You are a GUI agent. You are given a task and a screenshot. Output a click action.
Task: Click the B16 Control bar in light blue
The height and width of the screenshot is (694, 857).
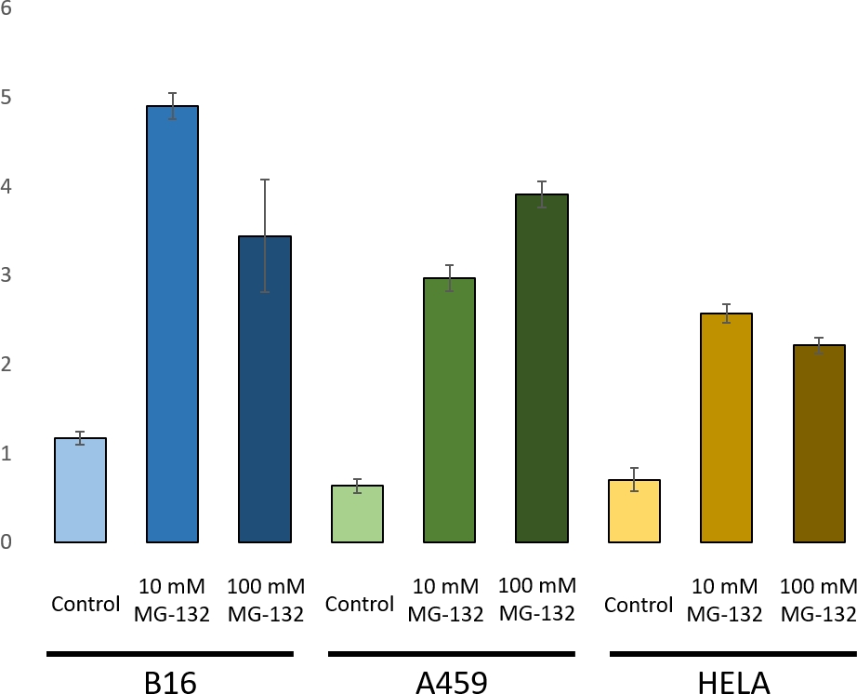[81, 490]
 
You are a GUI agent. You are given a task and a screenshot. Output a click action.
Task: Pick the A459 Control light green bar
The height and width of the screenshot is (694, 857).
[358, 514]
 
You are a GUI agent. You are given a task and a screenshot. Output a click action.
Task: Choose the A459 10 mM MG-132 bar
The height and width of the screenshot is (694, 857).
[450, 409]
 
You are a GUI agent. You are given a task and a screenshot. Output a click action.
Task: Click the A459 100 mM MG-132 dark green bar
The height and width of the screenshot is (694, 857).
[542, 367]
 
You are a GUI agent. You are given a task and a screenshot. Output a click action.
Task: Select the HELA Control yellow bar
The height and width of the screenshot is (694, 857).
[634, 511]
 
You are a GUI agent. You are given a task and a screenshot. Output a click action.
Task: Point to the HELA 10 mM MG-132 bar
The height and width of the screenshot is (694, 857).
[726, 427]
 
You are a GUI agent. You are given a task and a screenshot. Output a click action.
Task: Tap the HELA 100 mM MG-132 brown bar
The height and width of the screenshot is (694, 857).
[819, 443]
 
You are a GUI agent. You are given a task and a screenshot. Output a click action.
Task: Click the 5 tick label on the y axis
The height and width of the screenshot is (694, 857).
[7, 98]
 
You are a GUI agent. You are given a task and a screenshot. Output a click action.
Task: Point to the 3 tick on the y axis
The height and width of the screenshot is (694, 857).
[7, 275]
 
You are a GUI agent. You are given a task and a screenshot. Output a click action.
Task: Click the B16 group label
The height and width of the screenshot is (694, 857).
[171, 682]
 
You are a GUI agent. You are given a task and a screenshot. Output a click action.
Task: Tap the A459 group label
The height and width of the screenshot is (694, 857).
[451, 682]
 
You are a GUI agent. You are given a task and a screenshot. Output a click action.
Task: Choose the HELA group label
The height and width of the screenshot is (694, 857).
[733, 682]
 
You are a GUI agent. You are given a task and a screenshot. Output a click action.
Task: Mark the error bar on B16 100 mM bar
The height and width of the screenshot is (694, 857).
[265, 235]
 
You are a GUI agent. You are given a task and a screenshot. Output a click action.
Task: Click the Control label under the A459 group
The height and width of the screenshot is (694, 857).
[359, 605]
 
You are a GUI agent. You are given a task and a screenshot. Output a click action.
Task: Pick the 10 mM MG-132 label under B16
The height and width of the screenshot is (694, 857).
[174, 600]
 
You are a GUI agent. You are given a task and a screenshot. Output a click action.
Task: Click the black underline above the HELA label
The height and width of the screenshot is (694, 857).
[732, 654]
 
